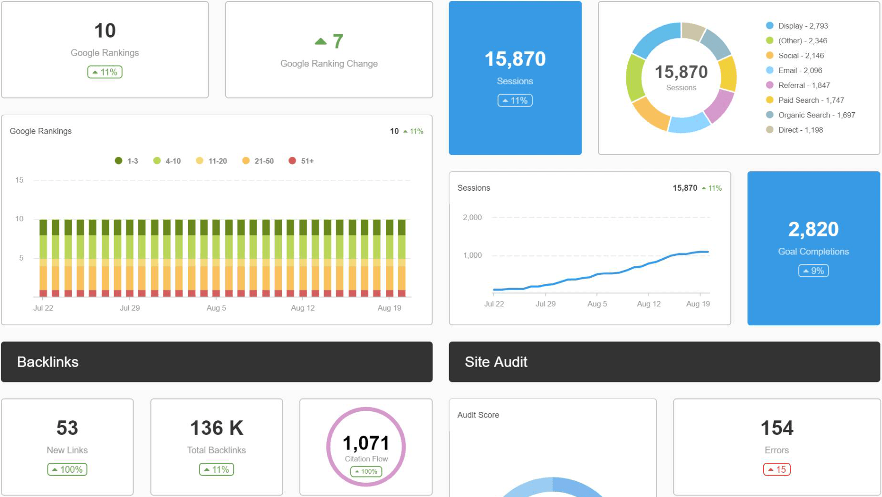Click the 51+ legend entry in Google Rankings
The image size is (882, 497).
point(301,161)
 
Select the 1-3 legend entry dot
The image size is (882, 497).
point(119,161)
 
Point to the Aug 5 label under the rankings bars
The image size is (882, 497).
point(216,308)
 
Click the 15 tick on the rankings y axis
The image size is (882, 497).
point(19,180)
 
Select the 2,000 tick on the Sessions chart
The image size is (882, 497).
point(472,217)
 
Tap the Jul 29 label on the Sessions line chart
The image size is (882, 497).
point(546,303)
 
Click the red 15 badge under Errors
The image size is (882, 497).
point(777,469)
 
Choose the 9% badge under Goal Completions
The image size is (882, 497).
point(813,271)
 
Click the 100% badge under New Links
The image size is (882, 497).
point(67,469)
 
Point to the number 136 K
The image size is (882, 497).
point(217,428)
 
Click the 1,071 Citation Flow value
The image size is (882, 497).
point(366,443)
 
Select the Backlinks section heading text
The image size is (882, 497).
point(48,362)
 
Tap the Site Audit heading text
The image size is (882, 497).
point(496,362)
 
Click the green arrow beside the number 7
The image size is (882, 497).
point(321,41)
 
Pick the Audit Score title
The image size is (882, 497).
point(478,415)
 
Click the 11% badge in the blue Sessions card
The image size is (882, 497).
point(515,100)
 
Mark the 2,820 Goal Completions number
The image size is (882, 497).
point(813,229)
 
